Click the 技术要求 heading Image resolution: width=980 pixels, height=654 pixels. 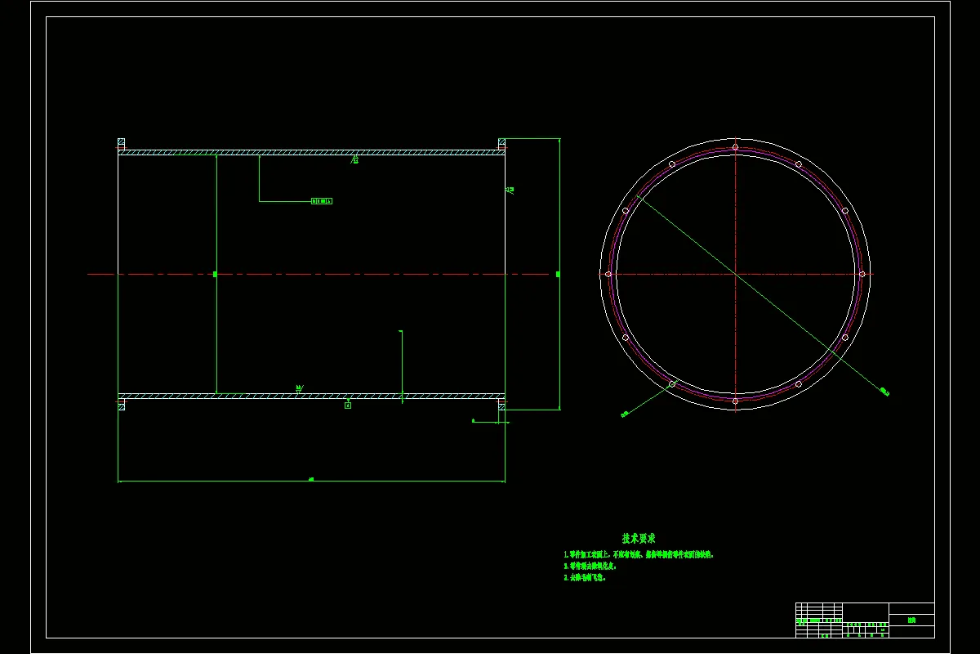(x=639, y=539)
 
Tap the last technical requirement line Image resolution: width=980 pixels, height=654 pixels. (x=585, y=577)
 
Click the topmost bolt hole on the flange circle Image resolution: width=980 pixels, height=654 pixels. (x=736, y=147)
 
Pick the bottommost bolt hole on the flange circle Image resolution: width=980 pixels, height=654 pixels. (x=736, y=401)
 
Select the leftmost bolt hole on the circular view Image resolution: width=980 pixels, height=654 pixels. (x=608, y=274)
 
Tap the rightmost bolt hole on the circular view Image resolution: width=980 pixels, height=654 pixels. (x=862, y=274)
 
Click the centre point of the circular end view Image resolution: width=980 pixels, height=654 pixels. (x=736, y=274)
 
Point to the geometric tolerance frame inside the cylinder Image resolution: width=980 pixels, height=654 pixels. (x=322, y=201)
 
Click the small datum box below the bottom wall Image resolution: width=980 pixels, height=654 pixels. (x=348, y=405)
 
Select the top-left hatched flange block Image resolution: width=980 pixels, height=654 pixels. (x=122, y=143)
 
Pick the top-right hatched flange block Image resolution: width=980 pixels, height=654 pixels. (x=502, y=143)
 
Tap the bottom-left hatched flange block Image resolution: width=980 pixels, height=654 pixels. (x=122, y=405)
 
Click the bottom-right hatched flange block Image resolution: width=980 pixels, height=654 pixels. (x=502, y=405)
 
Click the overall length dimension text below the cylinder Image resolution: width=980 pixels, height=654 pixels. (x=311, y=479)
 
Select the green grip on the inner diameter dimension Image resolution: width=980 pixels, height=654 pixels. (x=216, y=274)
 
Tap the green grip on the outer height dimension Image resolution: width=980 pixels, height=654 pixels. (x=559, y=274)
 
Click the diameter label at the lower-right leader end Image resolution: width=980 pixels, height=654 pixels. (x=884, y=393)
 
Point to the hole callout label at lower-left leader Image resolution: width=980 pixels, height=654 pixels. (x=625, y=414)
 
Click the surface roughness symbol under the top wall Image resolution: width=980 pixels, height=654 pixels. (x=354, y=159)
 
